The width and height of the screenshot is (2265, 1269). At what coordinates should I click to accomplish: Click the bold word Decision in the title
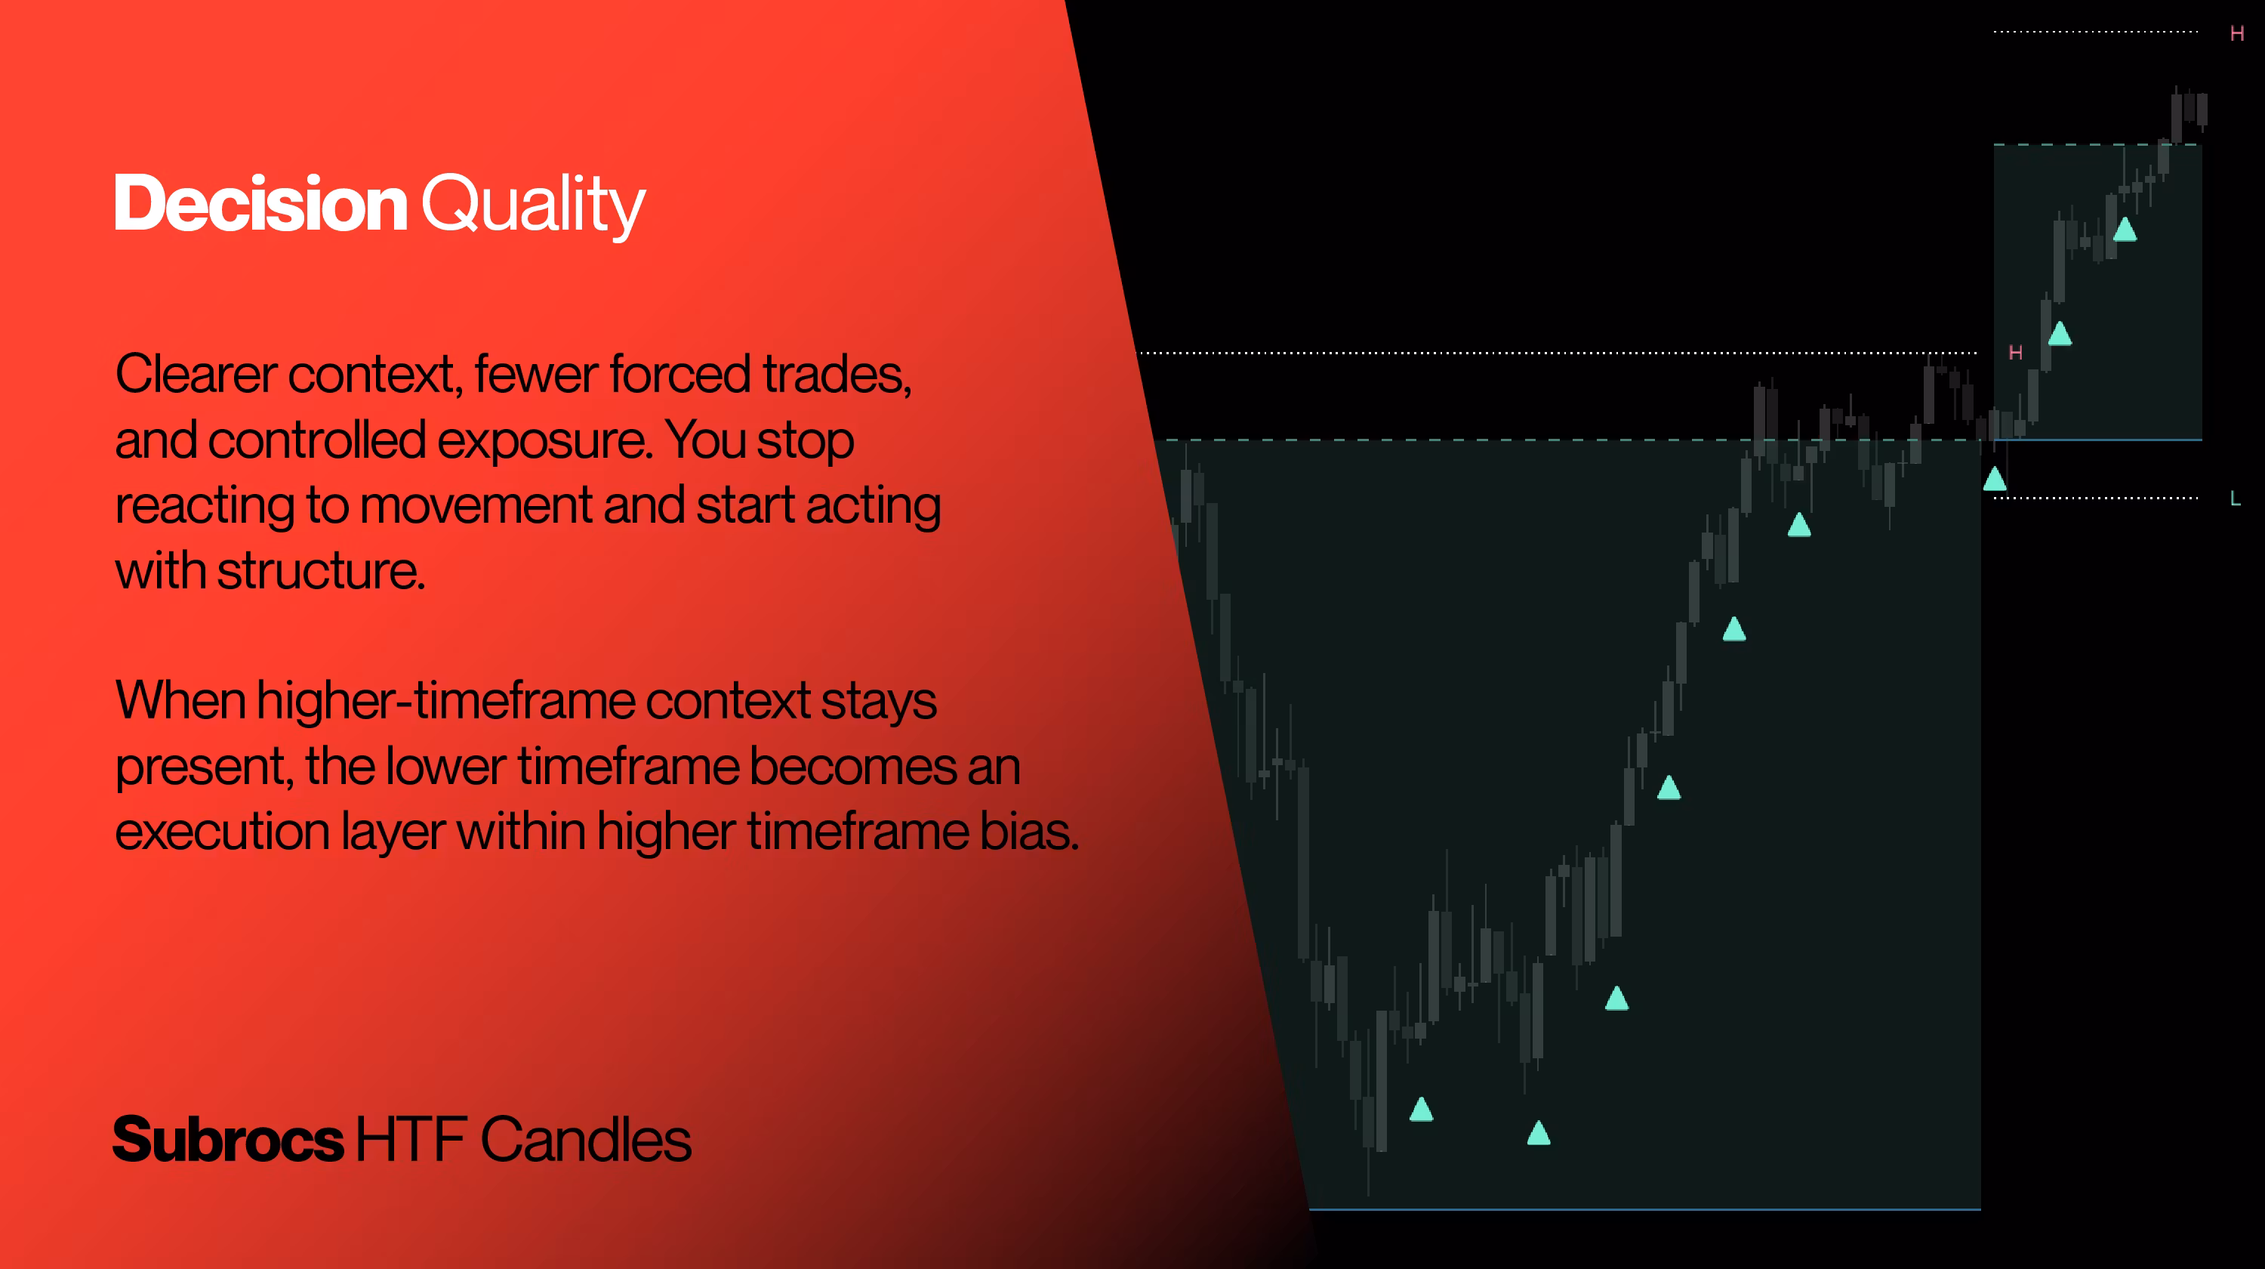tap(261, 203)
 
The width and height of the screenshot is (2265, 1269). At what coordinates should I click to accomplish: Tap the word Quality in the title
tap(534, 205)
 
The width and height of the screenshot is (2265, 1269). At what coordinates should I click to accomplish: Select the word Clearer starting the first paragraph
tap(196, 374)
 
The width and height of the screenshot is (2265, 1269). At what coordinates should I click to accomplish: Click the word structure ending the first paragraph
tap(321, 572)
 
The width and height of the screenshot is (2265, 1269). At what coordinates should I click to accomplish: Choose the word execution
tap(223, 832)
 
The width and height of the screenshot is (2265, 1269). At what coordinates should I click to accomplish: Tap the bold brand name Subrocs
tap(229, 1140)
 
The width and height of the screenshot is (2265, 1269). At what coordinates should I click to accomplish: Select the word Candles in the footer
tap(586, 1140)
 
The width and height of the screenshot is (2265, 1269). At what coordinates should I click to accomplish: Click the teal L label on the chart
tap(2235, 499)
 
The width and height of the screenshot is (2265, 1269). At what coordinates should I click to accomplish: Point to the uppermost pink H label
tap(2237, 33)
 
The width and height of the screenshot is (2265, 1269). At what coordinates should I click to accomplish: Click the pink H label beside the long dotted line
tap(2015, 353)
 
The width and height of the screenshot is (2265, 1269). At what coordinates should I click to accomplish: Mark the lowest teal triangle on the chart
tap(1539, 1133)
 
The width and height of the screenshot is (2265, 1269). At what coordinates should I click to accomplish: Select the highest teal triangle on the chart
tap(2125, 230)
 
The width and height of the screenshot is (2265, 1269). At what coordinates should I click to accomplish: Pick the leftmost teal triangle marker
tap(1422, 1109)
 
